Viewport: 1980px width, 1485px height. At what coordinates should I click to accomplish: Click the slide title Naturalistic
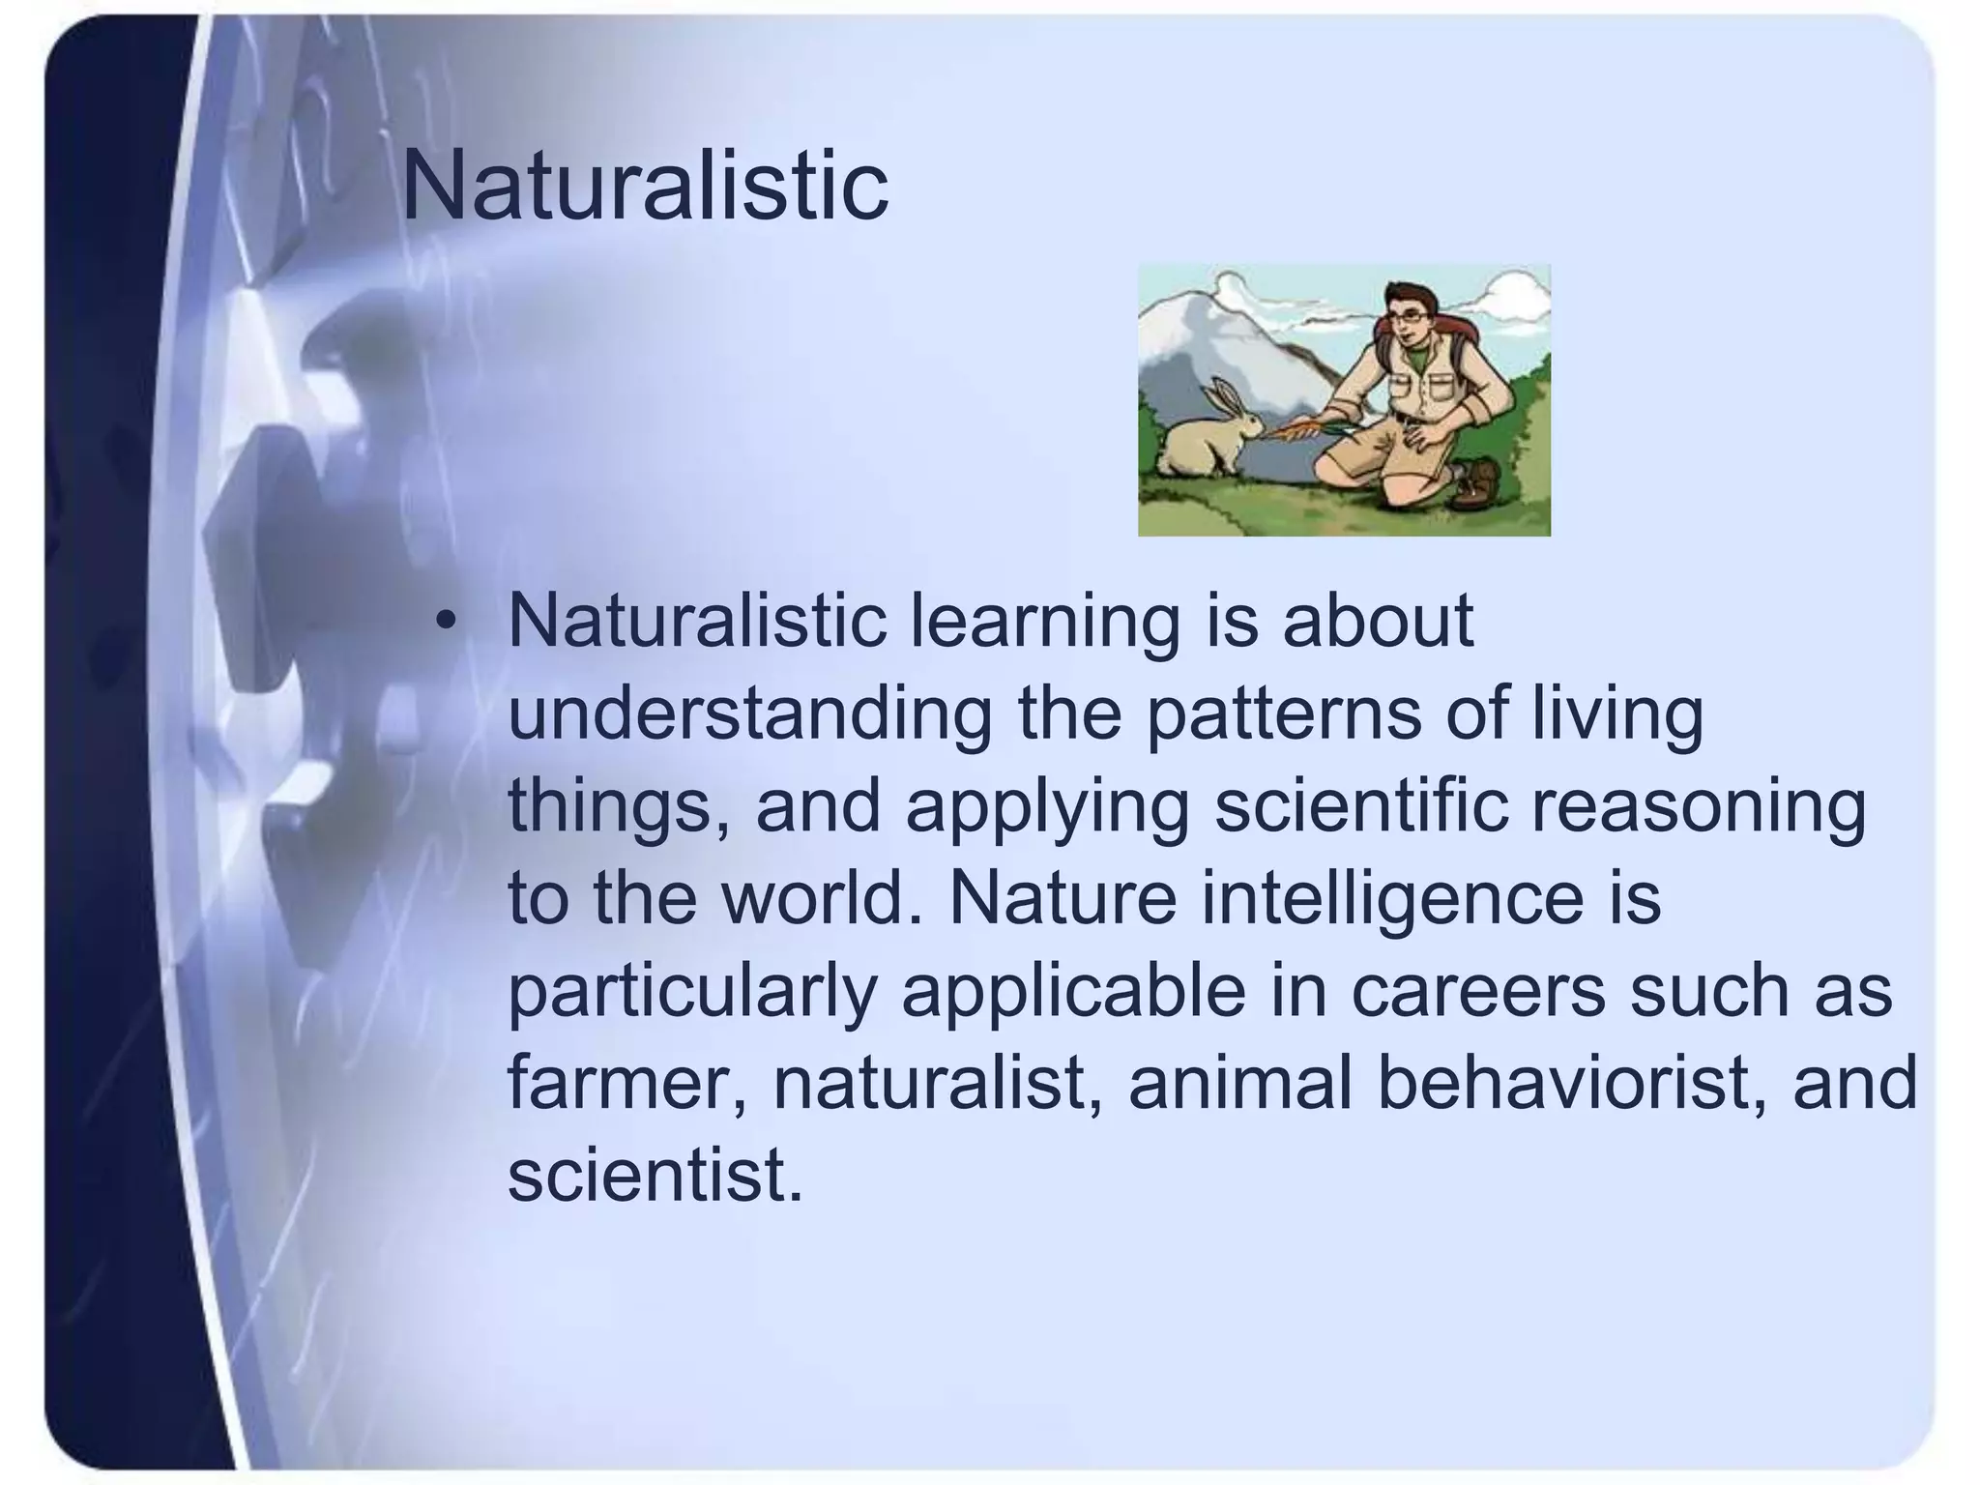point(644,186)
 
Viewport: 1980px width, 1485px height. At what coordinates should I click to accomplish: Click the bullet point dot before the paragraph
point(444,623)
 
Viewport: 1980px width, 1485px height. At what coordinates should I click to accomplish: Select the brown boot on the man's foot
point(1476,480)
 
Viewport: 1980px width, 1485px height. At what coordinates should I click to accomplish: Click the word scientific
point(1360,808)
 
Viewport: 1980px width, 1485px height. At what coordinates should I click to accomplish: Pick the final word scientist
point(655,1176)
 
